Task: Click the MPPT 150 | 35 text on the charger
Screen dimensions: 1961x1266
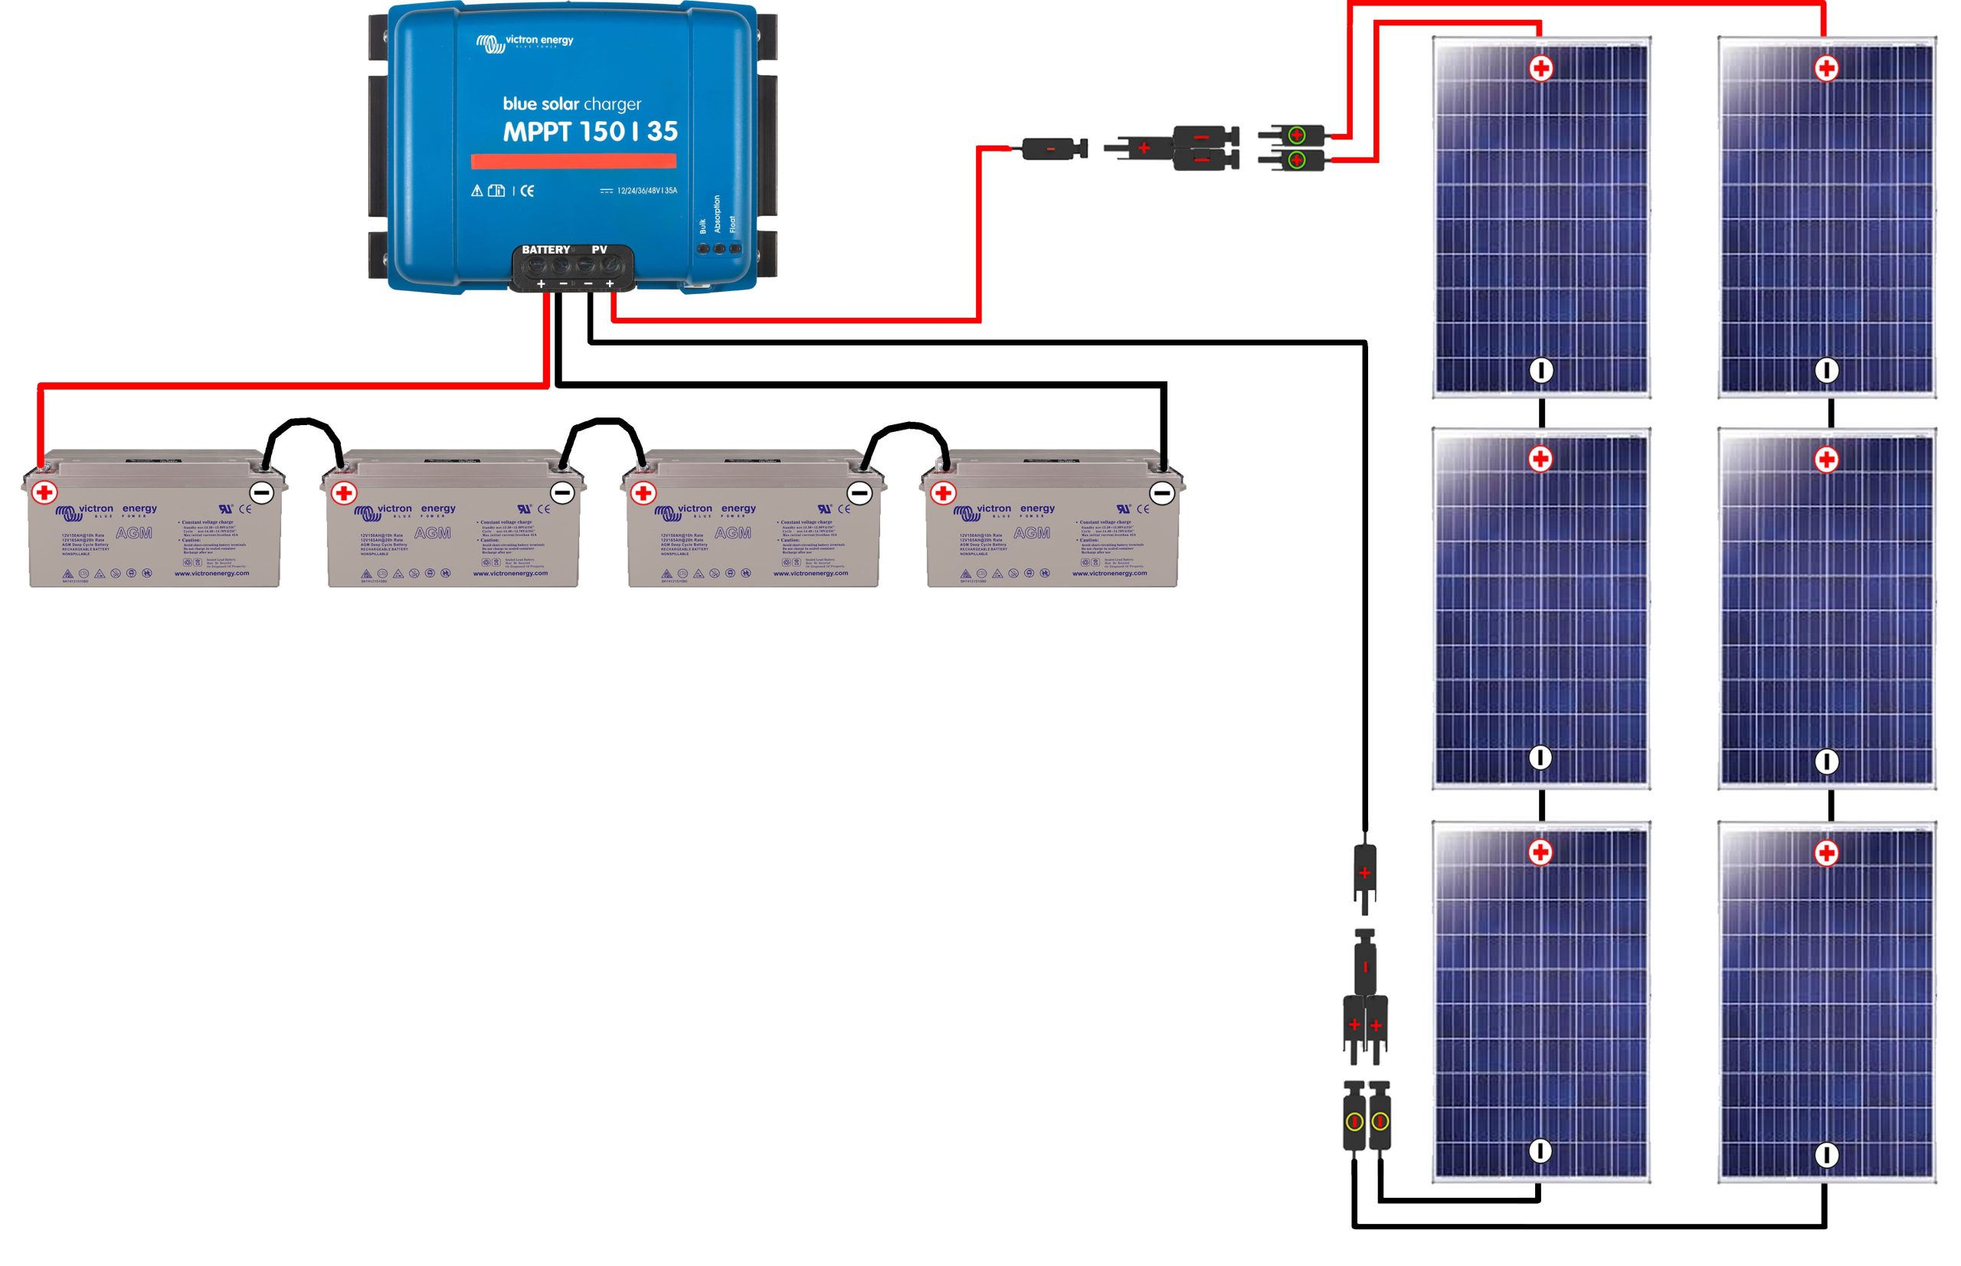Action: click(x=590, y=132)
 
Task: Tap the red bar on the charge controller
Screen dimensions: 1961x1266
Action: click(x=573, y=161)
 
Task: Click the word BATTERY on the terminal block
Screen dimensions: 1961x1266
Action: click(x=545, y=250)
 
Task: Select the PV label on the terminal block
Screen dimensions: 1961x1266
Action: click(x=599, y=250)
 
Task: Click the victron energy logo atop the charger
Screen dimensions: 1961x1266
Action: click(x=525, y=42)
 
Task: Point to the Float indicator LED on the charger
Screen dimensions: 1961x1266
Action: click(x=735, y=248)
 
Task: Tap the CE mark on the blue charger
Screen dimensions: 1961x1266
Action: click(x=527, y=191)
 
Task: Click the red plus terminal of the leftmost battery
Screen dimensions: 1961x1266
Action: click(x=44, y=492)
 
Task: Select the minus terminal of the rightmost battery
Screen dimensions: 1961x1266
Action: click(x=1161, y=493)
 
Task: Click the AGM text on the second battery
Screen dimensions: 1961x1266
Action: click(x=433, y=533)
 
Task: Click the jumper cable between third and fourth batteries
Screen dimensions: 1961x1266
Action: click(x=907, y=429)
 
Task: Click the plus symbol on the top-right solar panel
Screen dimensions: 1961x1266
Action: click(x=1826, y=69)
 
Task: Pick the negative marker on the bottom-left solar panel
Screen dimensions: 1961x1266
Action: click(x=1540, y=1151)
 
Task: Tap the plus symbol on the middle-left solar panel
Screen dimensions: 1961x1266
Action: click(x=1540, y=460)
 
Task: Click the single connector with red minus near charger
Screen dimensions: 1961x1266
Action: click(x=1052, y=149)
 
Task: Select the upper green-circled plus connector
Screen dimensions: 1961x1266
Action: click(x=1297, y=134)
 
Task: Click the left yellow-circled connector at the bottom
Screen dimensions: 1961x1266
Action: click(x=1354, y=1121)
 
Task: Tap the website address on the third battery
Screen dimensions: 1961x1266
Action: click(x=810, y=573)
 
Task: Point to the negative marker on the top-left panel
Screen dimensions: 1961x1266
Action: click(x=1541, y=371)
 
